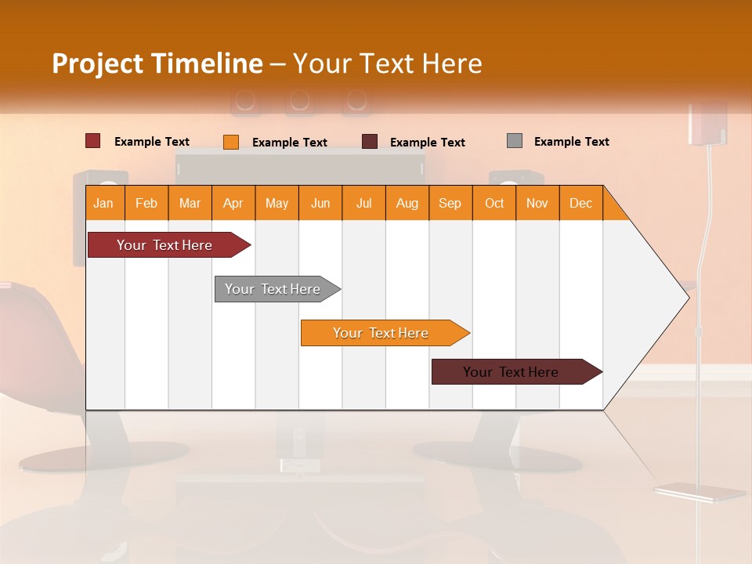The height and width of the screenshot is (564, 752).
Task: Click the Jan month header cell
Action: [x=104, y=203]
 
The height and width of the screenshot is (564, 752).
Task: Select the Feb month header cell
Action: [x=146, y=203]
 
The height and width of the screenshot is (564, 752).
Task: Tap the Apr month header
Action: [x=233, y=203]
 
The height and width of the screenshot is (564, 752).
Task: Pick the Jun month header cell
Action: [x=320, y=203]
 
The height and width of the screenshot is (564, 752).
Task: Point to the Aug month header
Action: [x=407, y=203]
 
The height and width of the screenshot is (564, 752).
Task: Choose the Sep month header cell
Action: [x=450, y=203]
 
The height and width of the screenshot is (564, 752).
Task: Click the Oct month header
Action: [x=494, y=203]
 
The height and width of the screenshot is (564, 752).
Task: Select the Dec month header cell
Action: [x=581, y=203]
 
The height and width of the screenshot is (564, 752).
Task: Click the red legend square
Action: [x=93, y=141]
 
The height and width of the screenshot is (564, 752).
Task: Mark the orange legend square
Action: [x=231, y=142]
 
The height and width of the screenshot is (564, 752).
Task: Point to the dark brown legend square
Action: [x=370, y=142]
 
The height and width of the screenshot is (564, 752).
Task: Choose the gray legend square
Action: [x=515, y=141]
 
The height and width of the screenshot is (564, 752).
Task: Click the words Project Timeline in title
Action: [x=157, y=63]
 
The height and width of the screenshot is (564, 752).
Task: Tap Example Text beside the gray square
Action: [x=571, y=142]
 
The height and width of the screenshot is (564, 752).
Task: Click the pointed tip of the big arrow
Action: [x=687, y=297]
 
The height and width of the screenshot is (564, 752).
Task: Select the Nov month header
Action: [x=537, y=203]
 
